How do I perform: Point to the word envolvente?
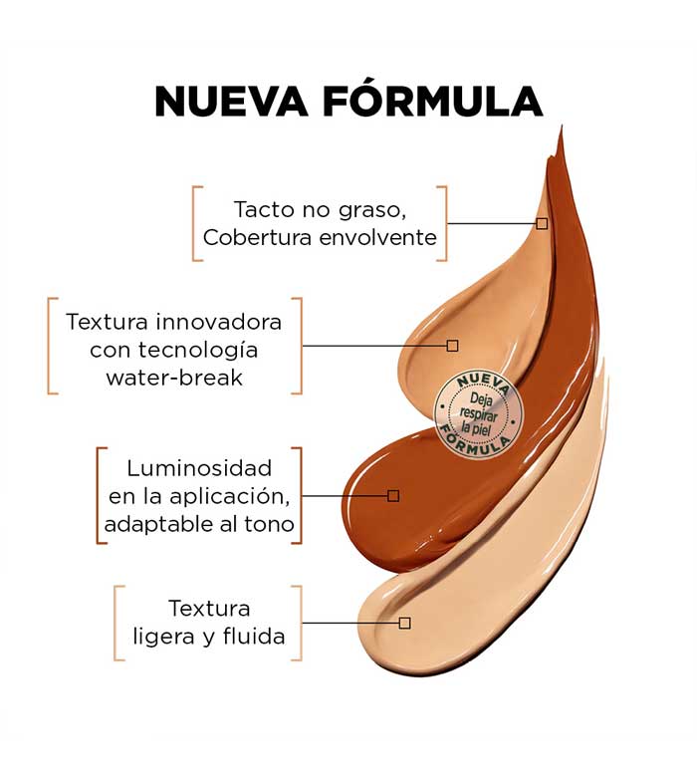point(374,237)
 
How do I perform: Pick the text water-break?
point(174,379)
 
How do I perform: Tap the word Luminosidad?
point(199,468)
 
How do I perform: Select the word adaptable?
point(154,525)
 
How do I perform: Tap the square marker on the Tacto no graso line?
point(542,223)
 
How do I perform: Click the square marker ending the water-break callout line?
point(452,346)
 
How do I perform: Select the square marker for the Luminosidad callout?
point(393,495)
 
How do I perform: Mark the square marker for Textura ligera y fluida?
point(404,623)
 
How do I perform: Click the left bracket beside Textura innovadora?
point(53,345)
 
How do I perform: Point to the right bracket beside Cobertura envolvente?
point(442,223)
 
